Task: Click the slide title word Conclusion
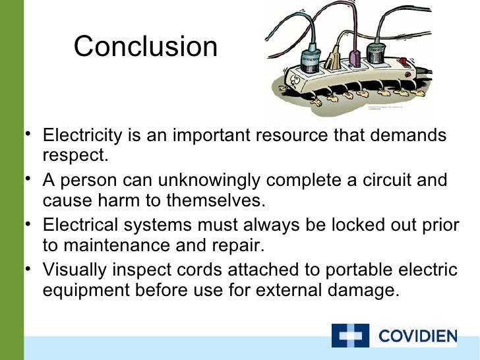(x=146, y=47)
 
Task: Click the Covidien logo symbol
(x=350, y=336)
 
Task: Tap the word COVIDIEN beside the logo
(x=417, y=337)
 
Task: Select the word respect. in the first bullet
(x=75, y=157)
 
